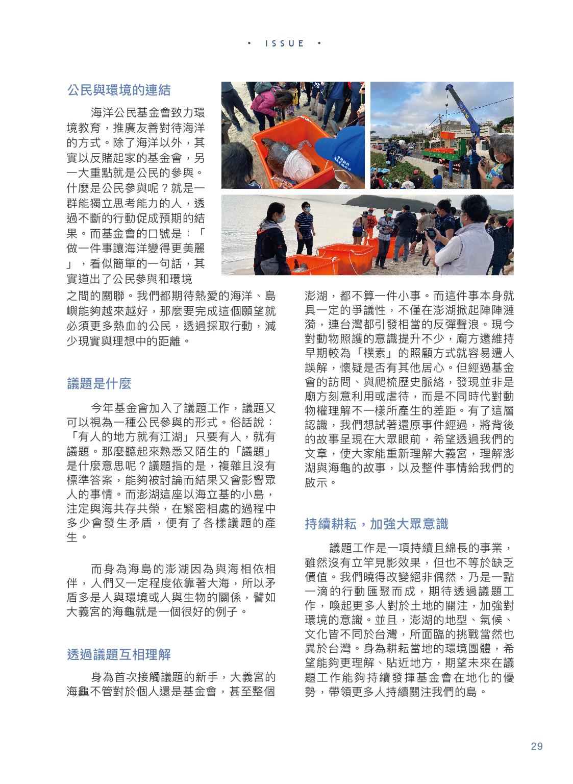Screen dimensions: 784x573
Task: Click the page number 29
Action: coord(536,746)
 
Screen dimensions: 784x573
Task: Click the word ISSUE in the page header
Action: coord(285,43)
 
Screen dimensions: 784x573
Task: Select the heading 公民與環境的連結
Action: coord(119,90)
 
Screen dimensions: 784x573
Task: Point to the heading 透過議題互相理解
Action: coord(119,654)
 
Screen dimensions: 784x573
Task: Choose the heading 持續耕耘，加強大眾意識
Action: coord(376,524)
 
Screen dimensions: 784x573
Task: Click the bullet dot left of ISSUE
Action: coord(248,43)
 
